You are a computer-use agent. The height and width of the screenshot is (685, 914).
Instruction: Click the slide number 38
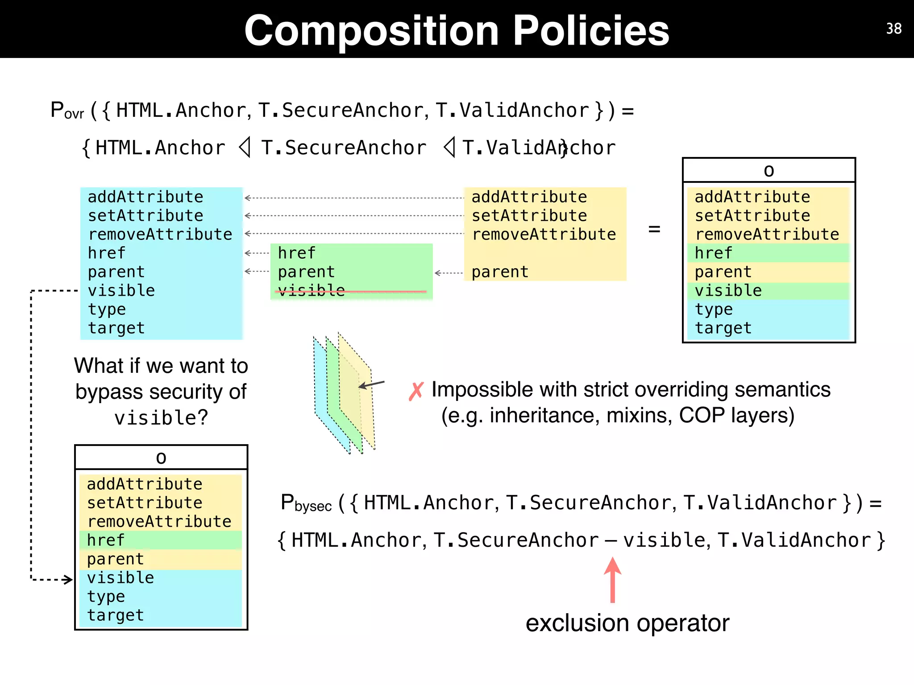(893, 29)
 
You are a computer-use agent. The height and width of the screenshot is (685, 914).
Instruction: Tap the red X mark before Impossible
(416, 392)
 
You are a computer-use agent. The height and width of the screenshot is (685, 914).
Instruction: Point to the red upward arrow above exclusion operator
(613, 580)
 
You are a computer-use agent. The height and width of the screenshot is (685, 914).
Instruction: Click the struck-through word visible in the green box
(312, 291)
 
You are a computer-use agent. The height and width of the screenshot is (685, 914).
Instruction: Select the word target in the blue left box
(116, 328)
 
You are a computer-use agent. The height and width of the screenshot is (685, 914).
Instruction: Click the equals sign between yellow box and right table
(654, 229)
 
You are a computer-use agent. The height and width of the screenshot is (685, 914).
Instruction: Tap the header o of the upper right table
(769, 171)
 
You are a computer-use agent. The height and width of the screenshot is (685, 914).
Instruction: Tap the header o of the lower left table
(161, 458)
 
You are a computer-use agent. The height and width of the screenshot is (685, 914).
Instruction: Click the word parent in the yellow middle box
(500, 272)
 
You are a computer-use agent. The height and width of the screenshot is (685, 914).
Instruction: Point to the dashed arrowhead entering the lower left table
(68, 580)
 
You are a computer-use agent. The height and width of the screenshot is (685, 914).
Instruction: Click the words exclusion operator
(627, 623)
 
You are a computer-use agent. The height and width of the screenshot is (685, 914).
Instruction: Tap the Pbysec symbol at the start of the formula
(306, 503)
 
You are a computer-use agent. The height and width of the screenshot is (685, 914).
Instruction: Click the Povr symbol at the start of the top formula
(67, 111)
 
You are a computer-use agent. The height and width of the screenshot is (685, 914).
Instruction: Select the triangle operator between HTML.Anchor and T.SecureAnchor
(244, 148)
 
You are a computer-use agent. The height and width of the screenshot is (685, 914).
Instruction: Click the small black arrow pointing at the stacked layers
(371, 384)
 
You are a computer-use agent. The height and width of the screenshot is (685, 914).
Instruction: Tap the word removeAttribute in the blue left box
(160, 235)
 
